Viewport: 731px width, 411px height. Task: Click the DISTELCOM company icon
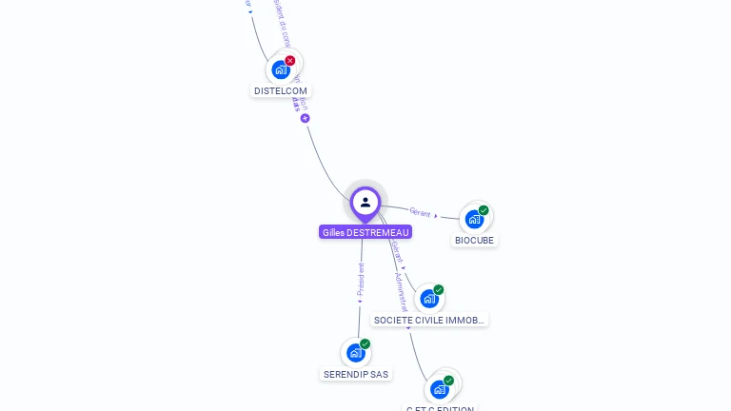coord(281,69)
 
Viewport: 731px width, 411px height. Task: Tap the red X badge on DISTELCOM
coord(290,61)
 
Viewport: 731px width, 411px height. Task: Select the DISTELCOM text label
coord(281,91)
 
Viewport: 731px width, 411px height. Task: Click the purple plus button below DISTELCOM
coord(306,119)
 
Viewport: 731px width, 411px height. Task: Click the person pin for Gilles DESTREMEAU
coord(365,203)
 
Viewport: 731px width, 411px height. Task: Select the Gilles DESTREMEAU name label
coord(365,232)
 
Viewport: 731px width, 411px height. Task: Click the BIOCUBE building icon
coord(474,220)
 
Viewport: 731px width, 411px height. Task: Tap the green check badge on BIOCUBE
coord(484,210)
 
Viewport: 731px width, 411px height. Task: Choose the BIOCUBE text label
coord(475,241)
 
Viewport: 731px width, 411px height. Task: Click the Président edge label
coord(361,281)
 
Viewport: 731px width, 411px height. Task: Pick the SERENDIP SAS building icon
coord(355,353)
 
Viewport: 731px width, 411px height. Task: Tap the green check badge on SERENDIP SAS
coord(365,343)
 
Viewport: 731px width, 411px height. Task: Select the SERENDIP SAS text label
coord(356,375)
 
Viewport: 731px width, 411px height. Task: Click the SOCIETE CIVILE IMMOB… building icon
coord(429,299)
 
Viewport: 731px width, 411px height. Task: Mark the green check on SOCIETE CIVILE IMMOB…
coord(439,289)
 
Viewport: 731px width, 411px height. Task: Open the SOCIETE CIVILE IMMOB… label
coord(430,321)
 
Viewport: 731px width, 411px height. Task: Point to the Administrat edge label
coord(401,290)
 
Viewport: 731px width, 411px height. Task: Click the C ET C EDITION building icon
coord(440,389)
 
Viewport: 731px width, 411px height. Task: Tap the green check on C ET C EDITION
coord(448,381)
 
